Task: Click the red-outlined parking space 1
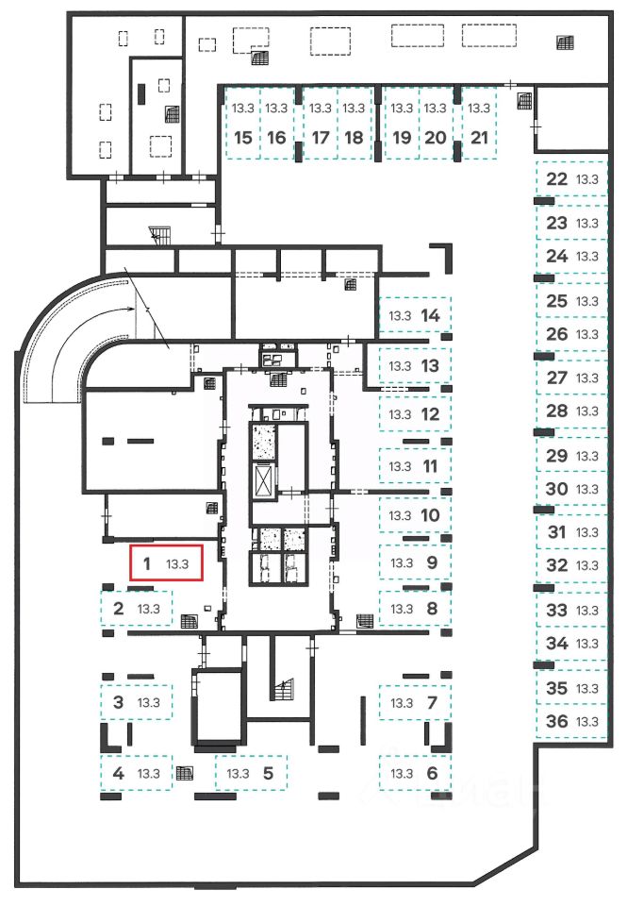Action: point(166,564)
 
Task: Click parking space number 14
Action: point(415,315)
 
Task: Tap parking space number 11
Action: point(415,466)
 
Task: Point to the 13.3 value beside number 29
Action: point(588,456)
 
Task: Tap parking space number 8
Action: point(415,608)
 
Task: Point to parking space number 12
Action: point(415,413)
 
